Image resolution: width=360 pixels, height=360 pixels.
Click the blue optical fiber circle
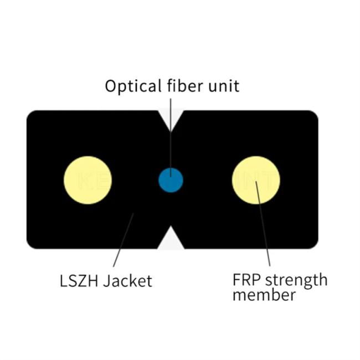[x=171, y=180]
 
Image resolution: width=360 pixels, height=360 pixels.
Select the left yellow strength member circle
[x=88, y=180]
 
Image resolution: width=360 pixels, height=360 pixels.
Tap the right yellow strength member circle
[x=256, y=180]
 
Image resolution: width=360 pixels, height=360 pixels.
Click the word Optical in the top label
[x=133, y=86]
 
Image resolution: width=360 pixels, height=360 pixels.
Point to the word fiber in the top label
[x=185, y=85]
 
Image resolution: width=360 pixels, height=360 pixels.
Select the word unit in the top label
[x=224, y=86]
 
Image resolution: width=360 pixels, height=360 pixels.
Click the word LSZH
[x=79, y=281]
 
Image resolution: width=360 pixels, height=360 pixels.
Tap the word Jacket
[x=127, y=281]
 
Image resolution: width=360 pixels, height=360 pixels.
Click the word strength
[x=296, y=281]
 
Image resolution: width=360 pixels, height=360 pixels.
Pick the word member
[x=264, y=295]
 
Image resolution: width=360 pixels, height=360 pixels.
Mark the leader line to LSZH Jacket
[x=124, y=240]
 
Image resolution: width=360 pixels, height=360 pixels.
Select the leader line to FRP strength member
[x=263, y=223]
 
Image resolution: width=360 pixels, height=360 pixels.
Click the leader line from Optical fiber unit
[x=171, y=138]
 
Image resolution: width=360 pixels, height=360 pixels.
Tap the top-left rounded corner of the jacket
[x=29, y=113]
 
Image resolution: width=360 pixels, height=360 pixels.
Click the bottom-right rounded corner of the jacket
[x=316, y=246]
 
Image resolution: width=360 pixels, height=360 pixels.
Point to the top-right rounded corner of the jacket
[x=316, y=113]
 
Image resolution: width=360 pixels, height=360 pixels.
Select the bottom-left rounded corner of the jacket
[x=29, y=246]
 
